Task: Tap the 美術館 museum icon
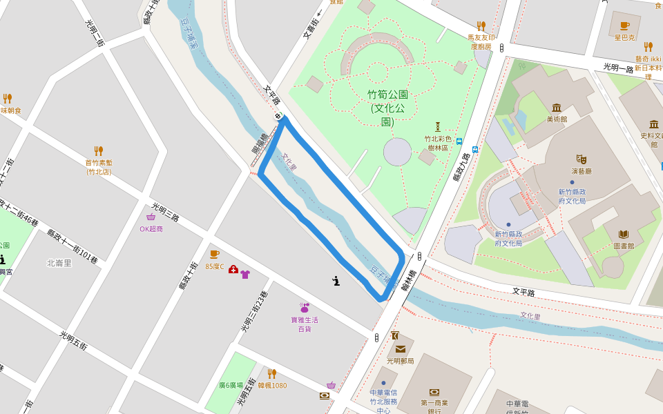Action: pyautogui.click(x=557, y=107)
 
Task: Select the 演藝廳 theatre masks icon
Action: pyautogui.click(x=582, y=159)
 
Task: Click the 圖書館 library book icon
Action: pyautogui.click(x=624, y=234)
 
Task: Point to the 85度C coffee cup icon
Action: pyautogui.click(x=214, y=255)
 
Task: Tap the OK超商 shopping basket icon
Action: pyautogui.click(x=151, y=217)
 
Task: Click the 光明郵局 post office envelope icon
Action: pyautogui.click(x=401, y=349)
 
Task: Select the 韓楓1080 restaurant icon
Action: pyautogui.click(x=272, y=374)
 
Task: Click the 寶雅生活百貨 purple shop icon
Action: pyautogui.click(x=304, y=308)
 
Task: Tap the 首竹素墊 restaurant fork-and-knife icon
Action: pyautogui.click(x=99, y=150)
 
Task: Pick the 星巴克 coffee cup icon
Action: pyautogui.click(x=624, y=26)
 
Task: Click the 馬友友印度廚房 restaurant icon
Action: pyautogui.click(x=481, y=26)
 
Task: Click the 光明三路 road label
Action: pyautogui.click(x=166, y=212)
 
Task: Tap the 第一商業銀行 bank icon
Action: pyautogui.click(x=434, y=392)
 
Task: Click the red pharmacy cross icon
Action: pyautogui.click(x=233, y=269)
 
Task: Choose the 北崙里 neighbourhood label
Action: pyautogui.click(x=59, y=263)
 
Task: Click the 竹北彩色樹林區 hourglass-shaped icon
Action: pyautogui.click(x=437, y=127)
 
